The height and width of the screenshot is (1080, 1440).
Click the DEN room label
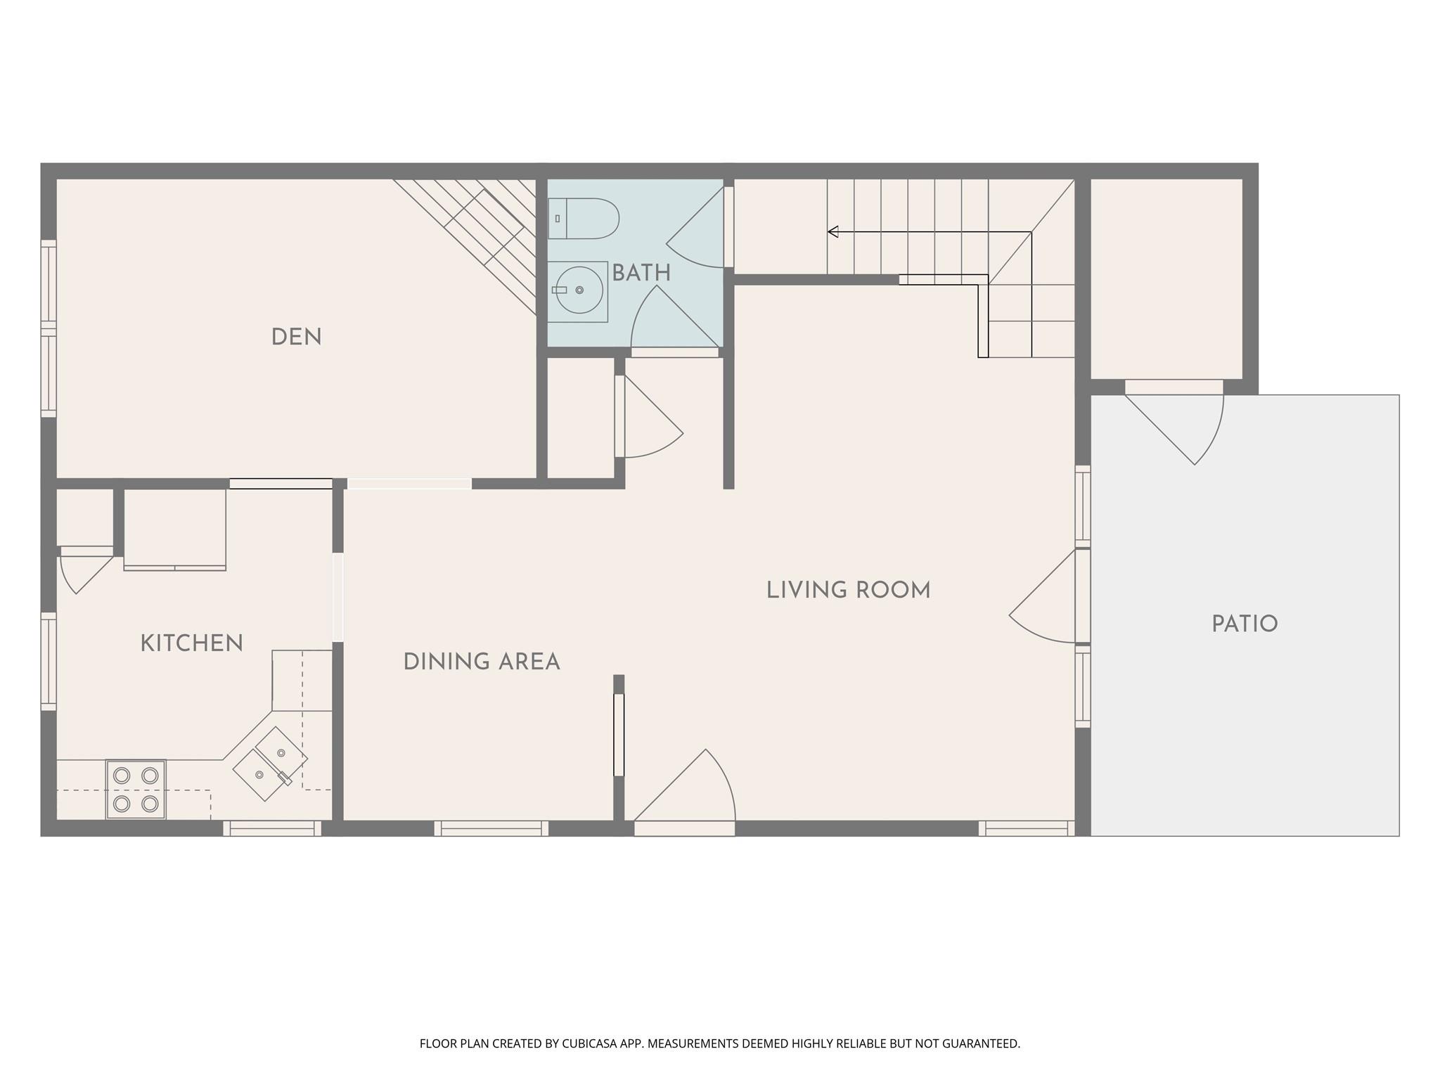[x=296, y=337]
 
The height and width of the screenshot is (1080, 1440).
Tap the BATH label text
[x=641, y=274]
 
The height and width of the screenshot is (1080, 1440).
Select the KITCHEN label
[x=191, y=643]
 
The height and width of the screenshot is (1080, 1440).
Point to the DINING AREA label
[x=482, y=662]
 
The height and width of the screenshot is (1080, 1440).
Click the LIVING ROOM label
[x=848, y=590]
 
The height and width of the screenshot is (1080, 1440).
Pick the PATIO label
[x=1245, y=624]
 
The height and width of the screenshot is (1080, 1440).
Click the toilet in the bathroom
[x=584, y=219]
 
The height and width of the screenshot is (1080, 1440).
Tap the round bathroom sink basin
[x=579, y=290]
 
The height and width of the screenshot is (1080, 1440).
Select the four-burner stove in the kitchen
[x=136, y=789]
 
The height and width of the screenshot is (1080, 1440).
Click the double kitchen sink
[x=270, y=764]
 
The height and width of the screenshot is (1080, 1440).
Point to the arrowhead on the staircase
[x=832, y=231]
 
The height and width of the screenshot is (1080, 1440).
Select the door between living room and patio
[x=1043, y=596]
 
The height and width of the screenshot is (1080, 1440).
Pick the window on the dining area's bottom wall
[x=491, y=828]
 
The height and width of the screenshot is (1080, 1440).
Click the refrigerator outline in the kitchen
[x=175, y=529]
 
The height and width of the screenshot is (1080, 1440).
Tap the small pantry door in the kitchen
[x=86, y=570]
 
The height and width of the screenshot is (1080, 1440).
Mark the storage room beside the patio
[x=1166, y=278]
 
